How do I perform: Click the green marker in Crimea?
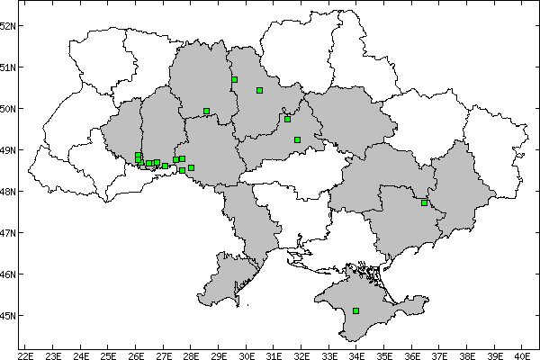click(x=356, y=310)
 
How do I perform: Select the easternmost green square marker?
click(x=424, y=202)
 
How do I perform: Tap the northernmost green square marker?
click(x=234, y=79)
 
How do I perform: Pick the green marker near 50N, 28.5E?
click(x=206, y=111)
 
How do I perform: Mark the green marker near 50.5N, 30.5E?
click(x=259, y=90)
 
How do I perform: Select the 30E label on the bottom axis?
click(x=247, y=355)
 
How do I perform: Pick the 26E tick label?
click(x=136, y=355)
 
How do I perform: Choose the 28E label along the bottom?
click(x=192, y=355)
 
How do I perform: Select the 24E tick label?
click(x=81, y=355)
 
